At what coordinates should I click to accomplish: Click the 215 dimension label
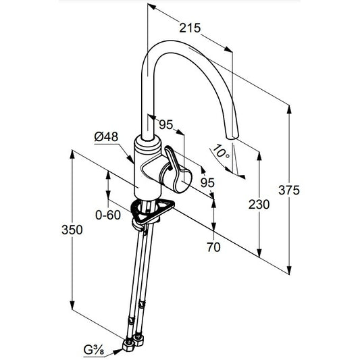190,28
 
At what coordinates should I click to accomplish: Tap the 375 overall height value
289,190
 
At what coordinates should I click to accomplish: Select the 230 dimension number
259,205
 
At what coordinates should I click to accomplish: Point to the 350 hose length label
72,230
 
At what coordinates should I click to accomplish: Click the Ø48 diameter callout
106,137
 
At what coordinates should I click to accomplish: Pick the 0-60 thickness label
108,215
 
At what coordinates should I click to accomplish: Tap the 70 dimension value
213,247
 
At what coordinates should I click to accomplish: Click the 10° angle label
221,151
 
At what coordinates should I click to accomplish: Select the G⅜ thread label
94,350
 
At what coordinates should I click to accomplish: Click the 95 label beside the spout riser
166,125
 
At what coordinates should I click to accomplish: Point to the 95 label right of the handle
207,183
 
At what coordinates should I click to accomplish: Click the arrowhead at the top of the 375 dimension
289,109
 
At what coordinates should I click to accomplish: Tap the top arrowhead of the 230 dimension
259,156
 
